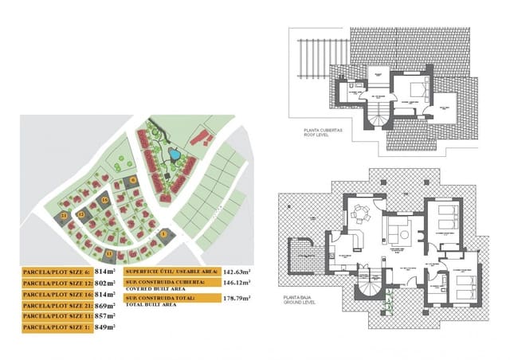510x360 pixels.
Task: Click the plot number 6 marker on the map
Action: click(132, 181)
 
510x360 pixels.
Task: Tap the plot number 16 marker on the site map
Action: click(104, 199)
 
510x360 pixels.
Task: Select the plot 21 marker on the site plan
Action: click(65, 216)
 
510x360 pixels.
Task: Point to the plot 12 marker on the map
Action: click(81, 214)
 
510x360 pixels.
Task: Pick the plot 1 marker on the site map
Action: click(164, 233)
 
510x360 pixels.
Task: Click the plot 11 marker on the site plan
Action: click(109, 252)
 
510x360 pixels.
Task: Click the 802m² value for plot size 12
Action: click(105, 283)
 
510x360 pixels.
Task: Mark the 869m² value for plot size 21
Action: click(105, 305)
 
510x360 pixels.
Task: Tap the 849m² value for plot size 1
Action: click(105, 327)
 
